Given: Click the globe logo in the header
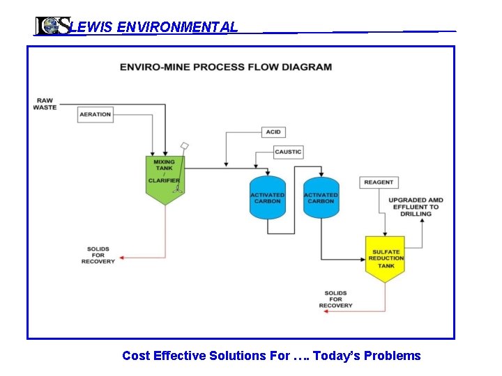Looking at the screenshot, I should tap(51, 26).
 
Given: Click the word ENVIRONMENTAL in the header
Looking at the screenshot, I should tap(178, 27).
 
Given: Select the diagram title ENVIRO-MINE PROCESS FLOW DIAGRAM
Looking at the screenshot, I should tap(226, 68).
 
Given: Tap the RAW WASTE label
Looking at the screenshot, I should tap(45, 104).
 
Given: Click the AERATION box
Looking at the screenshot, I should tap(96, 114).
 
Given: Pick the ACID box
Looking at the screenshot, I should tap(273, 132).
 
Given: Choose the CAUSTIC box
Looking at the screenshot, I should tap(288, 152).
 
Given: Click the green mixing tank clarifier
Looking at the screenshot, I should tap(165, 178).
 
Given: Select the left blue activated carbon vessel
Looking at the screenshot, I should tap(268, 198).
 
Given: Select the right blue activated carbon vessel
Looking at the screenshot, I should tap(321, 198).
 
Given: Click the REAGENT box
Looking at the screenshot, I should tap(379, 182).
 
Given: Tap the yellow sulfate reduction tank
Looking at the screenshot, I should tap(386, 258).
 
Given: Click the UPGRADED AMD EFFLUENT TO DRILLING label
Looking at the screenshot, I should tap(416, 207).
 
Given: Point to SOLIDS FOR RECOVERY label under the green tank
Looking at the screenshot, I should tap(98, 255).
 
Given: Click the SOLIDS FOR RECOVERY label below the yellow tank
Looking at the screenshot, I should tap(335, 299).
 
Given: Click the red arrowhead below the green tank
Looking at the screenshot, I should tap(122, 258).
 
